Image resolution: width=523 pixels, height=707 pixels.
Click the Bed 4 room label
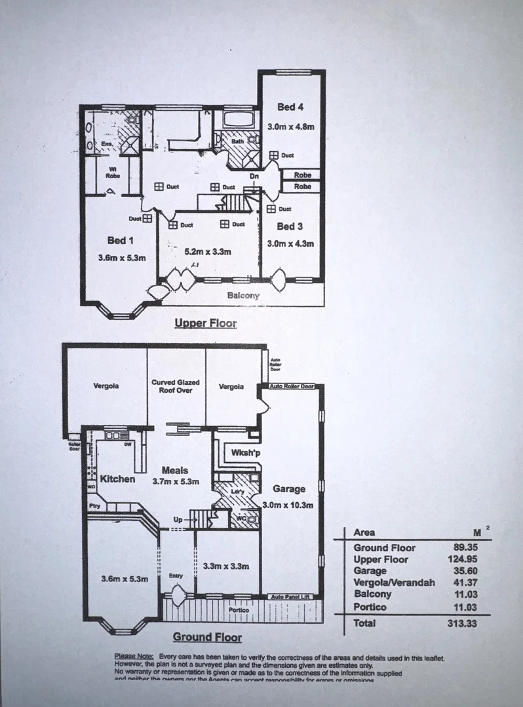[x=290, y=107]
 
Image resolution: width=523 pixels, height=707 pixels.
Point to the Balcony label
[x=243, y=296]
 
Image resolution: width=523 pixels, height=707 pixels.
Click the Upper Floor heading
[x=205, y=323]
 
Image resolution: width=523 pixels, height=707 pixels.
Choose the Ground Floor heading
[x=207, y=637]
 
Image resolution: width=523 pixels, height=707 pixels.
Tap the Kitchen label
[x=117, y=479]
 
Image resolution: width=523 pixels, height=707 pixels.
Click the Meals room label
[x=175, y=470]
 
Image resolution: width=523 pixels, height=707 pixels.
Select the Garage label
[x=289, y=489]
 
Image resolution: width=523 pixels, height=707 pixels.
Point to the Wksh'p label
[x=238, y=452]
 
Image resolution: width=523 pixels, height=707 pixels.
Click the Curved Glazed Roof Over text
[x=176, y=386]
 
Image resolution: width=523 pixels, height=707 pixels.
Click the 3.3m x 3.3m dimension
[x=227, y=566]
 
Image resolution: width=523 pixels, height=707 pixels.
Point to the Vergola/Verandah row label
[x=394, y=583]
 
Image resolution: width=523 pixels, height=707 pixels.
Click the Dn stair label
[x=255, y=176]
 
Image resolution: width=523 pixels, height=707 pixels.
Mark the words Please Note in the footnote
[x=134, y=656]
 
